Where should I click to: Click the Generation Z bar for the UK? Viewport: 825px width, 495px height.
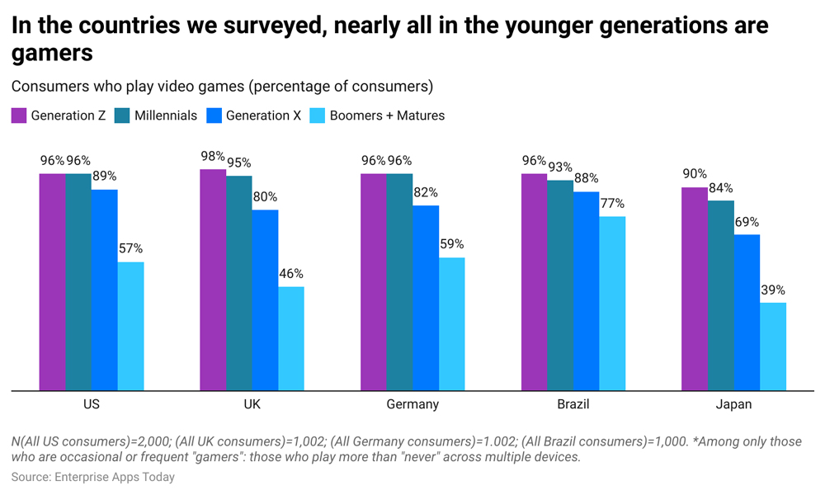213,280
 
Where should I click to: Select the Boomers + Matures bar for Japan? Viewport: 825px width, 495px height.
773,346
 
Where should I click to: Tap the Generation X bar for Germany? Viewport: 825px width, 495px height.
426,298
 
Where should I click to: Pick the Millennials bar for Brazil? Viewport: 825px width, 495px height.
560,285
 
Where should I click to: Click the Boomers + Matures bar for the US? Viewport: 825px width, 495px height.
131,326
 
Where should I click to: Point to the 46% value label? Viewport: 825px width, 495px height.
291,274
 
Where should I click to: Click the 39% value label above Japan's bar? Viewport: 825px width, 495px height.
773,290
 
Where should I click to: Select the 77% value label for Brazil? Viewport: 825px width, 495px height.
612,204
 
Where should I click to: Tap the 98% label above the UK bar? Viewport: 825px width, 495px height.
213,157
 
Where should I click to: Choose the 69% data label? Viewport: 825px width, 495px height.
747,222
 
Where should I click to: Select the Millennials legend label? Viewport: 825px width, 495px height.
166,115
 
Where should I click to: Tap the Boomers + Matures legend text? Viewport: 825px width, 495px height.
387,115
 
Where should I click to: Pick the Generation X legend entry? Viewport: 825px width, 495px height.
263,115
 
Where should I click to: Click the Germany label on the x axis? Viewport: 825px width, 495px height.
412,404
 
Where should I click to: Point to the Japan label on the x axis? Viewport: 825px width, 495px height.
733,404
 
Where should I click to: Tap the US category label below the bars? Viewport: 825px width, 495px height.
92,404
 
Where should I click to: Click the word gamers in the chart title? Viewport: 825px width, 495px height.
52,54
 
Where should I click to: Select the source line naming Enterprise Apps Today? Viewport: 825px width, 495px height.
93,477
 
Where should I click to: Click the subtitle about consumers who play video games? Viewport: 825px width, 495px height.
222,87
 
